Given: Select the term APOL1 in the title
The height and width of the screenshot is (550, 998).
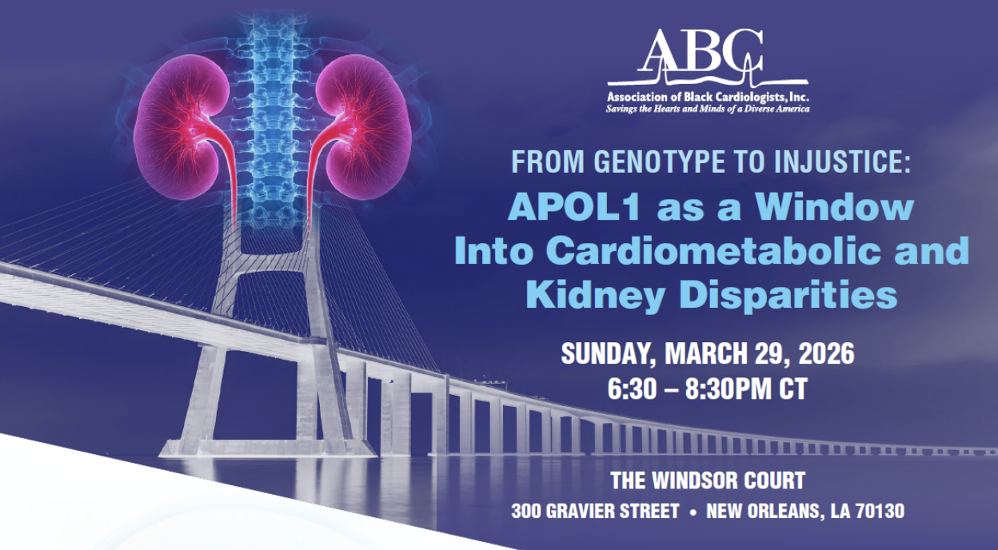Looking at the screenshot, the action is (x=573, y=208).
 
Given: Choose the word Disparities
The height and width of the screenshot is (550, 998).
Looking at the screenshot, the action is (x=788, y=296).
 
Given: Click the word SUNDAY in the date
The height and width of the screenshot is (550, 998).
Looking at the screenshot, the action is (x=609, y=354).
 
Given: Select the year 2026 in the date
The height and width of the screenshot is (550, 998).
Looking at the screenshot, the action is (x=827, y=354).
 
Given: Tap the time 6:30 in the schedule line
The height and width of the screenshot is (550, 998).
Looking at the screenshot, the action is (x=633, y=389).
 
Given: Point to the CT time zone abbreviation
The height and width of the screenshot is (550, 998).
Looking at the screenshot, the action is (x=793, y=389).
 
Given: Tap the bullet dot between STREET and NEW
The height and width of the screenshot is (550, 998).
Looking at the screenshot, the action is (x=693, y=512).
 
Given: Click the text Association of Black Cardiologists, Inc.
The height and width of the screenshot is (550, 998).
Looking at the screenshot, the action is (x=708, y=97).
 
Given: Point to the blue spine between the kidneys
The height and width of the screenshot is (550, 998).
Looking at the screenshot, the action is (x=272, y=120).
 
